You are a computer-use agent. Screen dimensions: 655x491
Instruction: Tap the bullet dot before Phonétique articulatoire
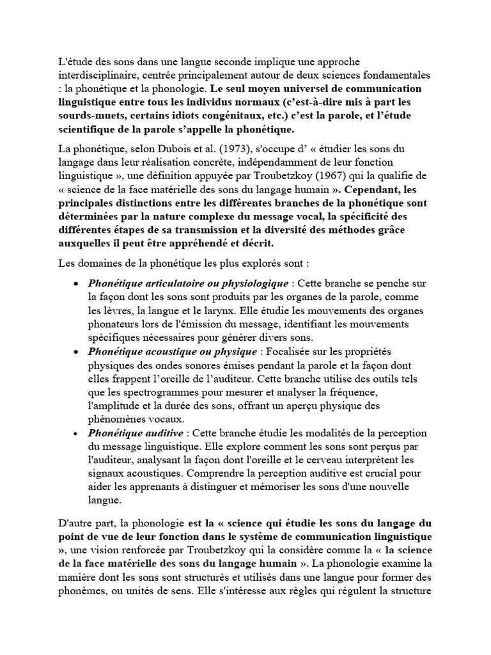(x=77, y=283)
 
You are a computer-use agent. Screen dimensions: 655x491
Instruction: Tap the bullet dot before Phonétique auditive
(x=77, y=434)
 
